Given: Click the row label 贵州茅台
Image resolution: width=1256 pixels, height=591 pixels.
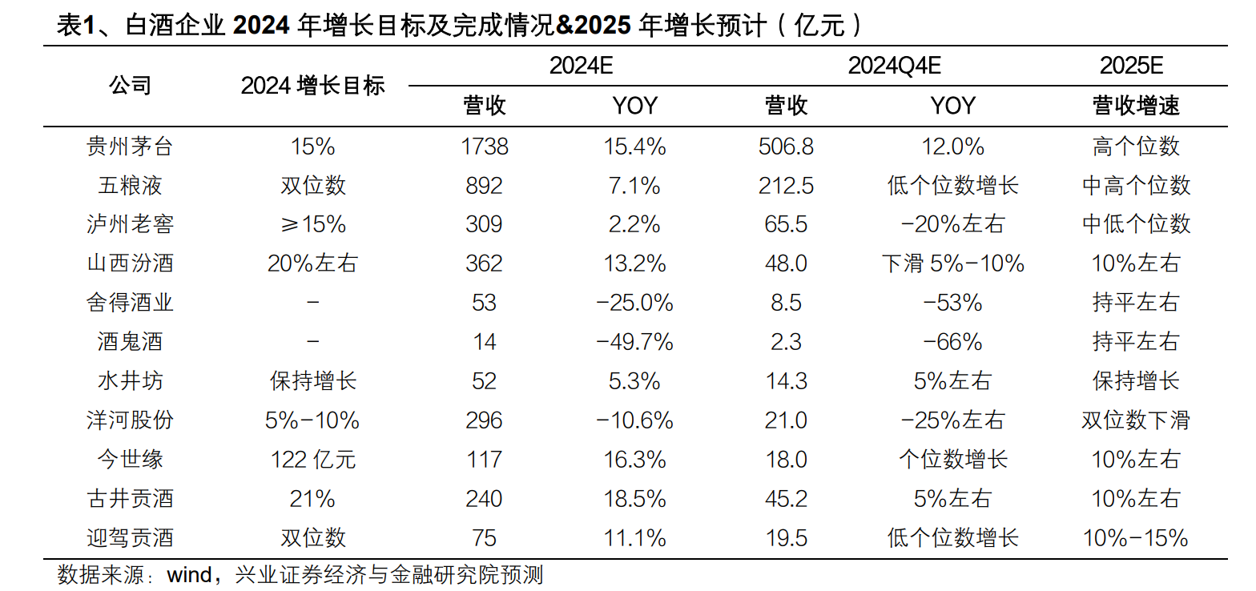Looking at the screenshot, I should [x=129, y=147].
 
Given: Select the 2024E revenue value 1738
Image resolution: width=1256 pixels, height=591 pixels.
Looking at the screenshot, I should [x=484, y=147].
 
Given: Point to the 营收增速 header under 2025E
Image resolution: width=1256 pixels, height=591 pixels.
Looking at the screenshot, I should [x=1136, y=106].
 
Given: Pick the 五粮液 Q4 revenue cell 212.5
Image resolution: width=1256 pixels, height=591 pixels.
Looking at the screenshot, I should [x=786, y=186].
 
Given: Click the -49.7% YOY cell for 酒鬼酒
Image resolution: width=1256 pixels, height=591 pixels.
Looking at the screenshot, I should [x=634, y=342].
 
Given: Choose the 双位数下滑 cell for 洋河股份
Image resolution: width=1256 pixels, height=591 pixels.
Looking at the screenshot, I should [x=1136, y=420].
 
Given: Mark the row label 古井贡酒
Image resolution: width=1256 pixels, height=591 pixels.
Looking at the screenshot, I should [x=129, y=499].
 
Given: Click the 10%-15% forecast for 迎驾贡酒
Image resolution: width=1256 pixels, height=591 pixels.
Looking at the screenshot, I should [x=1136, y=538].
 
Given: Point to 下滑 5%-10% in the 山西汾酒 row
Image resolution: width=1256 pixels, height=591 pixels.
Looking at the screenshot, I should [x=952, y=263].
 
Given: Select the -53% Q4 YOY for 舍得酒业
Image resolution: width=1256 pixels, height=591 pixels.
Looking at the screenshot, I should [x=952, y=303].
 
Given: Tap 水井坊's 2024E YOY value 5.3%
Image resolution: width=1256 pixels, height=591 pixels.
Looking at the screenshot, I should [x=634, y=381].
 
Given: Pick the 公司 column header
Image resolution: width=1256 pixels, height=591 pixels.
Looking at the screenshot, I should [x=129, y=86].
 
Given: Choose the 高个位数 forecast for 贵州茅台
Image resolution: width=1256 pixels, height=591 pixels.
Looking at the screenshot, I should [x=1136, y=147].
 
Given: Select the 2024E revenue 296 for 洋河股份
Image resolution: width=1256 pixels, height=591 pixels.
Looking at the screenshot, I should [x=484, y=420].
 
